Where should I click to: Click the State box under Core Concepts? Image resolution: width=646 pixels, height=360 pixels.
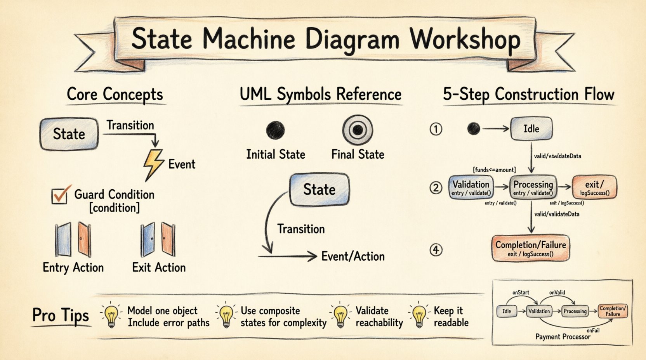click(69, 134)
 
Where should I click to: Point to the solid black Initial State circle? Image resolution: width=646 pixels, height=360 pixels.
click(275, 130)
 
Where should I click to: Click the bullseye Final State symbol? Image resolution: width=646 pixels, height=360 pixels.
click(358, 130)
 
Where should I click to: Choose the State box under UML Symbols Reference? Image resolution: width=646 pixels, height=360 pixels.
click(319, 189)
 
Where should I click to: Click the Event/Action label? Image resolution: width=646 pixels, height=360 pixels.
click(353, 256)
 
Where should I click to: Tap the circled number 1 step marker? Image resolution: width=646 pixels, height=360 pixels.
click(436, 129)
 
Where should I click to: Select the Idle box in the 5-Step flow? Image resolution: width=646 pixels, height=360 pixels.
click(531, 129)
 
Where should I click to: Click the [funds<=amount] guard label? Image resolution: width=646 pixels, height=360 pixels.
click(494, 170)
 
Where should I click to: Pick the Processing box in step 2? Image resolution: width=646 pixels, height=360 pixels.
click(533, 187)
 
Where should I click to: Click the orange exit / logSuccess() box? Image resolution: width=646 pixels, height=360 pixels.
click(594, 187)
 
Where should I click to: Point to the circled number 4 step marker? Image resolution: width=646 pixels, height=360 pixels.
click(436, 250)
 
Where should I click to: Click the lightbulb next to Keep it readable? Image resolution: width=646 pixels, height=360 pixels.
click(419, 316)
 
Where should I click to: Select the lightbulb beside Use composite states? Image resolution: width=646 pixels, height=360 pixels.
click(226, 316)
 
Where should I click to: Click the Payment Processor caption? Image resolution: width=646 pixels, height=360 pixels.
click(563, 337)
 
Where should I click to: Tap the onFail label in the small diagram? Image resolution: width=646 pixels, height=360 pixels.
click(593, 331)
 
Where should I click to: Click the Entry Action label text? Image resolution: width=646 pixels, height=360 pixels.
click(73, 268)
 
